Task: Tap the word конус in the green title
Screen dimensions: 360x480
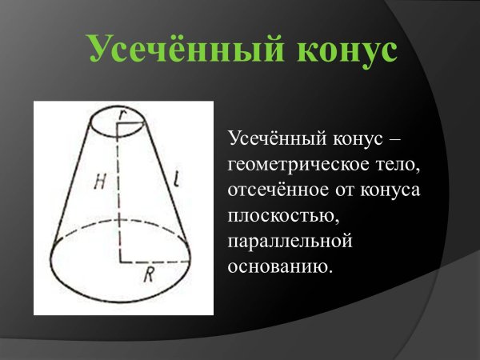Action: pos(347,50)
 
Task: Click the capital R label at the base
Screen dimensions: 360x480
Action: pos(149,276)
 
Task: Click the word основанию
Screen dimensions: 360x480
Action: pos(279,265)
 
